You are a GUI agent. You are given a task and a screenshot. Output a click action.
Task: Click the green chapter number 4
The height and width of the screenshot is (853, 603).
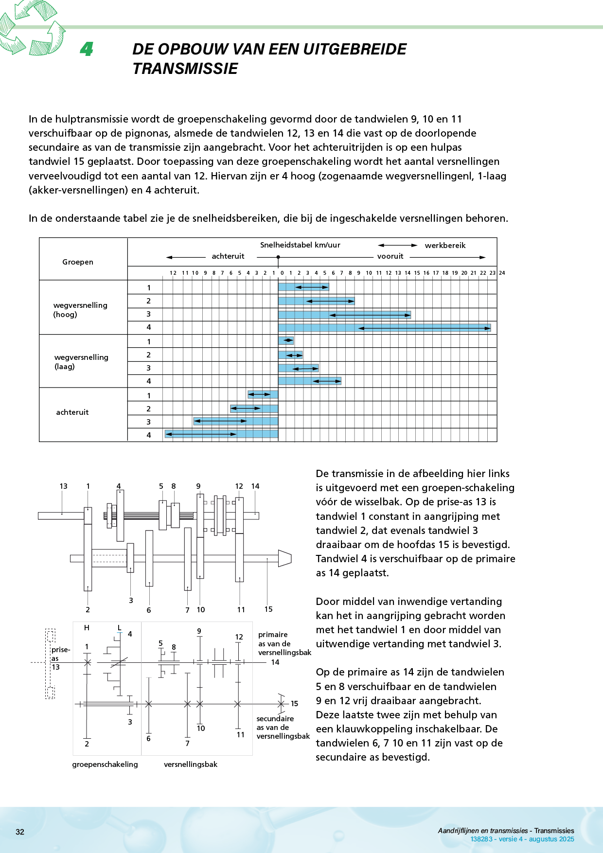87,49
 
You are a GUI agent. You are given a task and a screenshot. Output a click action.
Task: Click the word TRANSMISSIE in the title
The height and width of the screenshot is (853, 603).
185,69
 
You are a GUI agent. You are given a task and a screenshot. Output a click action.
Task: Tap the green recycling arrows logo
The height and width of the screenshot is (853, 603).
32,27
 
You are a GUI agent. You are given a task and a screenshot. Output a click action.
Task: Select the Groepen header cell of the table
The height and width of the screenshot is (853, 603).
78,262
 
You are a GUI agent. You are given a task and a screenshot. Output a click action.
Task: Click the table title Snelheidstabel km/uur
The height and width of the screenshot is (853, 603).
300,245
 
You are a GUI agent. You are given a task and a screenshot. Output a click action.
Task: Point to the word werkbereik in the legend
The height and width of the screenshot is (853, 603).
445,246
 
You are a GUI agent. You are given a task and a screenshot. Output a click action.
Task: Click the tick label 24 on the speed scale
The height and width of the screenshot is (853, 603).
502,273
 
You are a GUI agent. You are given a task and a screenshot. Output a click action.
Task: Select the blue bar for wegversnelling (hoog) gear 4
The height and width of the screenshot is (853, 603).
384,328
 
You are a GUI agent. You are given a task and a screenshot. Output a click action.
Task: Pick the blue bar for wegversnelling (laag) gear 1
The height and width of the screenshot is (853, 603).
286,340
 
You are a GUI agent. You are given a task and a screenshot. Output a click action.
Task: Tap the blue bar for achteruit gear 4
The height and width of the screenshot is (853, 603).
221,434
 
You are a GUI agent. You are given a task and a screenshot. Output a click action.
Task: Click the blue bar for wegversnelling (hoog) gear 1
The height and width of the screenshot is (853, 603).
303,287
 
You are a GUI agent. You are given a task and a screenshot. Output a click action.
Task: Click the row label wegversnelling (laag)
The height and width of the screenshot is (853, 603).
81,362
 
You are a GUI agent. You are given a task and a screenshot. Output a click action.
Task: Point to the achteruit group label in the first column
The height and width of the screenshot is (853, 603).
72,412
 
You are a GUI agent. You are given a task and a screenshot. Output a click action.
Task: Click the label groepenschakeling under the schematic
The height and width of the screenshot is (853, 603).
105,764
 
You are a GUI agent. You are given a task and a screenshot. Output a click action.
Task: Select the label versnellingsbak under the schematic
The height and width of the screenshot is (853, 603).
191,764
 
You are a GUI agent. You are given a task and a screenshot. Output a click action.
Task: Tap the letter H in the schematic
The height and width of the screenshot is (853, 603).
87,628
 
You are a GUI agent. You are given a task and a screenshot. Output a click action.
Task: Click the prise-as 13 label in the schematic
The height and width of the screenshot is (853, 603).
60,658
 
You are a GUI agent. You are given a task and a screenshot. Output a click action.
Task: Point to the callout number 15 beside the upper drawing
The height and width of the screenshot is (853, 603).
268,609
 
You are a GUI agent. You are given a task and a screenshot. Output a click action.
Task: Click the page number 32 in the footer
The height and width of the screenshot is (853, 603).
20,832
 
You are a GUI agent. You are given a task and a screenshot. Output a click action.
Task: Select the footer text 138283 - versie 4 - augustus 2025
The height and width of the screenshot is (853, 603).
522,839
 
